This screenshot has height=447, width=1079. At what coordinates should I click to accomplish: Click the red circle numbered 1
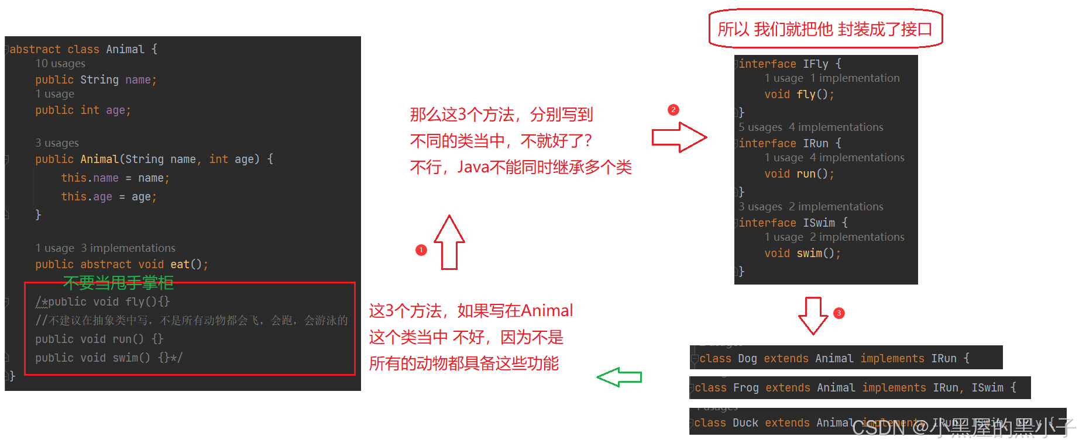[421, 250]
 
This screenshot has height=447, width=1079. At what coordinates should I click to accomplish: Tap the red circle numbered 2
[673, 110]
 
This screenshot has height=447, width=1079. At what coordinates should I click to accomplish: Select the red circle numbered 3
[839, 313]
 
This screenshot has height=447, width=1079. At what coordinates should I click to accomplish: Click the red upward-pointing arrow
[449, 242]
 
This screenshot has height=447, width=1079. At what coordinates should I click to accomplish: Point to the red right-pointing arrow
[679, 138]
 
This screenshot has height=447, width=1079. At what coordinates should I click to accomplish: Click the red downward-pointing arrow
[813, 316]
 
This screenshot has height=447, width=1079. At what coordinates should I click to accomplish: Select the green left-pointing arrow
[619, 377]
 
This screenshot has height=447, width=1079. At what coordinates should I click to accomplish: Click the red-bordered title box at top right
[825, 29]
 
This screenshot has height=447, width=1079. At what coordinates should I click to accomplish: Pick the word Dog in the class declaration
[747, 358]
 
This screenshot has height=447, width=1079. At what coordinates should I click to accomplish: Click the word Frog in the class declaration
[745, 387]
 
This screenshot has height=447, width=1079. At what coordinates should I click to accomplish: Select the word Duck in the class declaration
[745, 422]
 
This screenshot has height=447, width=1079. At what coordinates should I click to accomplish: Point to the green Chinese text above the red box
[118, 283]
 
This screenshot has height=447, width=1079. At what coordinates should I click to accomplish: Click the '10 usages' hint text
[60, 64]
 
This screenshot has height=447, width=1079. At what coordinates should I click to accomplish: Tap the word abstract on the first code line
[35, 49]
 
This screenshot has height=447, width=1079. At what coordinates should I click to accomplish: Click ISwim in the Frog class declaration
[987, 387]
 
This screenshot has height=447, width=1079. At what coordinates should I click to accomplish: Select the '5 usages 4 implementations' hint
[810, 127]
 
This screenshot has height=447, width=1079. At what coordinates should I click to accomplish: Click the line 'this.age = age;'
[108, 197]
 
